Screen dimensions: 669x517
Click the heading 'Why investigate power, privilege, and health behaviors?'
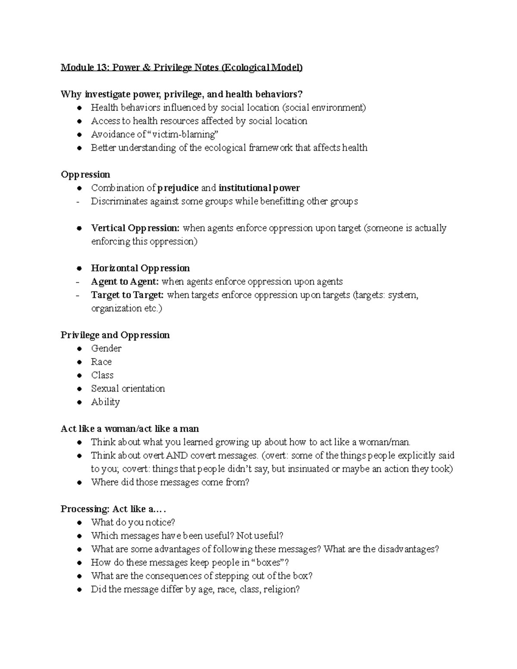[x=179, y=94]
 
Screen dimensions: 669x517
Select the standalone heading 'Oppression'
[x=85, y=174]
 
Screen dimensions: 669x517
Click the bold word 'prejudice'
[x=178, y=188]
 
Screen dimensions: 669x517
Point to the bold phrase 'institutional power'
[x=259, y=188]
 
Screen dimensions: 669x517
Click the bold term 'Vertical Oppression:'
[x=135, y=228]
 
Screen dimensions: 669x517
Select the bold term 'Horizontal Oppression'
[x=140, y=268]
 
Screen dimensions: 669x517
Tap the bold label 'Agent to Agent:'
[x=125, y=282]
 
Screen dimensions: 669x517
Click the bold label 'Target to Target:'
[x=127, y=295]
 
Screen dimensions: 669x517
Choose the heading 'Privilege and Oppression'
[x=115, y=335]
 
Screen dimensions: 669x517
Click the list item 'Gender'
[x=106, y=349]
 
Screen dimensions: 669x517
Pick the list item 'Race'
[x=101, y=362]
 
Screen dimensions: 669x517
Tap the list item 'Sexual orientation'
[x=128, y=389]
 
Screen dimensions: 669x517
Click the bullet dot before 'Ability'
[x=79, y=402]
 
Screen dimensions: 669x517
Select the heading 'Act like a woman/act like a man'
[x=130, y=429]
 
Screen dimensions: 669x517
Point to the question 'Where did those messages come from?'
[x=170, y=482]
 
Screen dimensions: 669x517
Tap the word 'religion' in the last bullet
[x=280, y=589]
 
